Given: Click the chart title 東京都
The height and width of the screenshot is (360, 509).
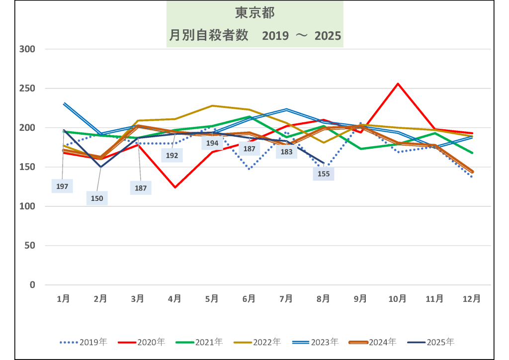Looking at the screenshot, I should pos(254,12).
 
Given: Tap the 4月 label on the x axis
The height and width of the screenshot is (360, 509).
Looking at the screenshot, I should pos(174,299).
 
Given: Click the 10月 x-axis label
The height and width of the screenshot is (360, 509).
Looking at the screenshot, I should pos(398,299).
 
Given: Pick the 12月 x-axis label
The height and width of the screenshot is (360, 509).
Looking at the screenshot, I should pos(472,299).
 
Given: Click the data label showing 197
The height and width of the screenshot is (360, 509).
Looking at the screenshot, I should pos(63,186).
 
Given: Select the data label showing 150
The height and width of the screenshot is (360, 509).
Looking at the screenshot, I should pos(97,198).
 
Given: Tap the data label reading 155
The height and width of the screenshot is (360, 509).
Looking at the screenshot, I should pos(324,174).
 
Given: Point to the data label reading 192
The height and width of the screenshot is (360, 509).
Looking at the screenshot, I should pos(172,155).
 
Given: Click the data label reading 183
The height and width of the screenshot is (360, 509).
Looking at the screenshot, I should pos(286,152).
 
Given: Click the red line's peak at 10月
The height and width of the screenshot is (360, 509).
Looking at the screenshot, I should pos(398,84).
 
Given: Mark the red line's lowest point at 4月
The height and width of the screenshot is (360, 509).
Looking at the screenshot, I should pos(174,187).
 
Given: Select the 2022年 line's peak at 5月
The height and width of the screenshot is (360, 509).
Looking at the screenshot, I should pos(212,105).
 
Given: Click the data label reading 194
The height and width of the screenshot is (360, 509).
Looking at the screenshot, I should pos(212,143).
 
